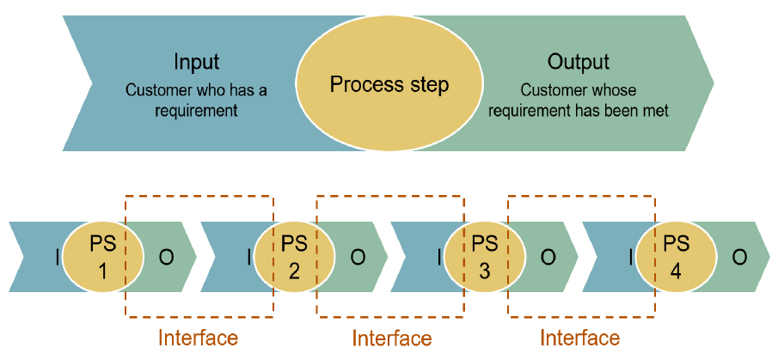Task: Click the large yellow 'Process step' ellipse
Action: coord(389,85)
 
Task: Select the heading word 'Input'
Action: coord(196,62)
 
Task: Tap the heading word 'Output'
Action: coord(578,62)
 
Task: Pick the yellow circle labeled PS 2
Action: coord(293,256)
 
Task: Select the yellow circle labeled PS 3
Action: coord(485,256)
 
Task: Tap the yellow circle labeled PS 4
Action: coord(676,256)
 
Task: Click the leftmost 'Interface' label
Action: coord(197,338)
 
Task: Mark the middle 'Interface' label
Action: coord(391,338)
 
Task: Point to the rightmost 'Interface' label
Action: coord(579,338)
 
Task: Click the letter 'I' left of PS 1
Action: coord(57,257)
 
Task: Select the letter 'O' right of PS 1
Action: coord(166,257)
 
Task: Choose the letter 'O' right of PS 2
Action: coord(358,257)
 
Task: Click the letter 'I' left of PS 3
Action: coord(440,257)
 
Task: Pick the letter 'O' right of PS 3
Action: coord(548,257)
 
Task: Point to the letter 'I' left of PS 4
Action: coord(632,257)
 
